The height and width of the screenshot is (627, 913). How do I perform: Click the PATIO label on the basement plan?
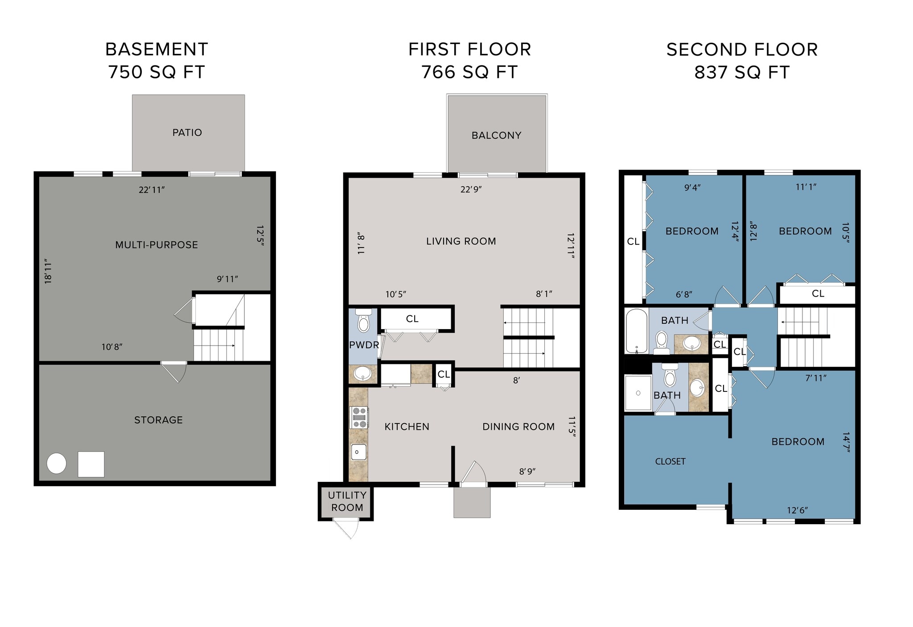[187, 133]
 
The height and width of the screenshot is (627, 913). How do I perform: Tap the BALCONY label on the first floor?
[496, 135]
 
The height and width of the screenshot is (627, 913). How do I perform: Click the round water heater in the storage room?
[57, 464]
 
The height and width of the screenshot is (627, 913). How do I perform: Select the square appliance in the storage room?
[91, 464]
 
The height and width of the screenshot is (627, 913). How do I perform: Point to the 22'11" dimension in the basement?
[152, 190]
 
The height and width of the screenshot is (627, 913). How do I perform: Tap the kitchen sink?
[359, 452]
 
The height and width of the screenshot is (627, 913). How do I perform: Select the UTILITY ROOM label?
[347, 501]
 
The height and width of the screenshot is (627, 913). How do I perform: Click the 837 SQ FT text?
[742, 73]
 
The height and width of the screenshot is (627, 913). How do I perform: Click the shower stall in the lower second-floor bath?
[638, 393]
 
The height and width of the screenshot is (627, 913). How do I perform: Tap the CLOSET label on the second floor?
[670, 462]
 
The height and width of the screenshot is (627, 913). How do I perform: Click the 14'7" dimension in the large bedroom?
[846, 442]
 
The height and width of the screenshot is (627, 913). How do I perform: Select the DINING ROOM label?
[518, 427]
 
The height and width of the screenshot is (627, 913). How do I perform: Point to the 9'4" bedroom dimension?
[692, 188]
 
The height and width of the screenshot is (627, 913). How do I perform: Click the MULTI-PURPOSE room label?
[156, 245]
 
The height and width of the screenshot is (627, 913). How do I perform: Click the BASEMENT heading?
[156, 49]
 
